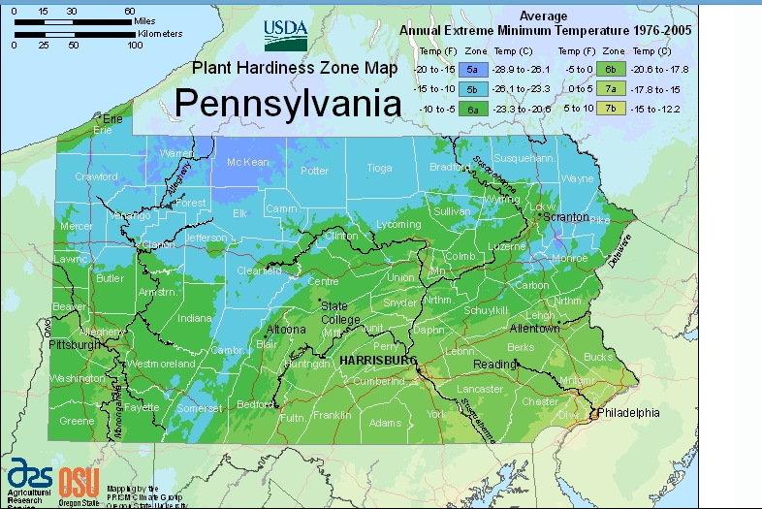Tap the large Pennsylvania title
(288, 103)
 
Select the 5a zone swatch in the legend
(471, 70)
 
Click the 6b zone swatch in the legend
(611, 70)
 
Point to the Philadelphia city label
(627, 413)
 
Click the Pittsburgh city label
(76, 344)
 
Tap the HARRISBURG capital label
(377, 360)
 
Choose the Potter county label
(314, 171)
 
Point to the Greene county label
(78, 421)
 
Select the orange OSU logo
(79, 480)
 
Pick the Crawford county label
(96, 177)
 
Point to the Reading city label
(494, 365)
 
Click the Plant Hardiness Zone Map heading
(281, 67)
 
